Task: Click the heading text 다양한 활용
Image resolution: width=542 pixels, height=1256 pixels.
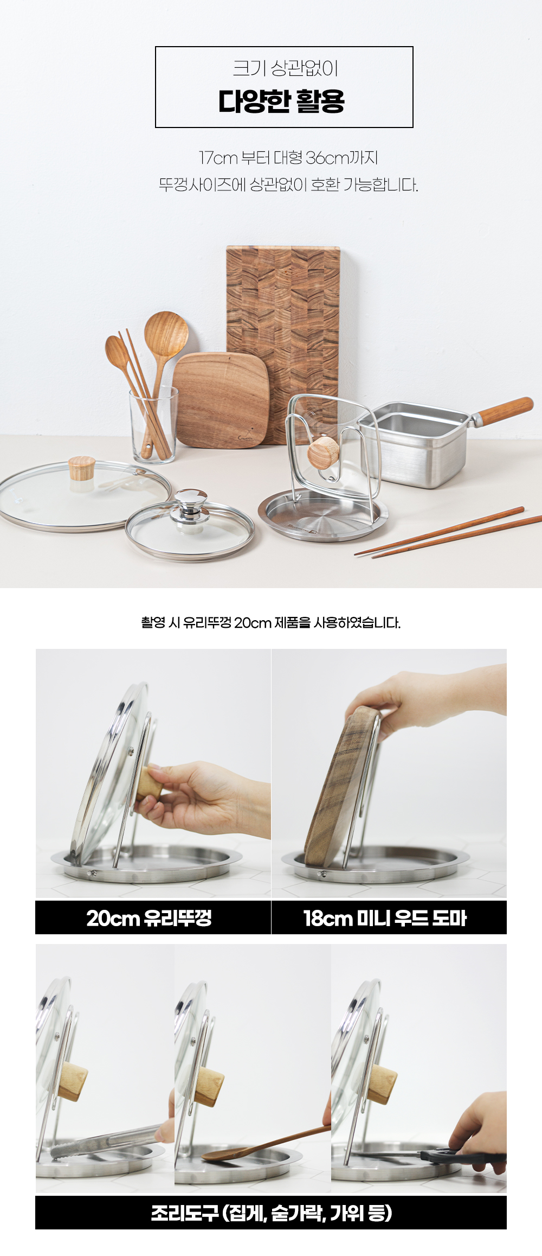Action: (282, 101)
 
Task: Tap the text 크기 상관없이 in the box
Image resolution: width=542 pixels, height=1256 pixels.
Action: (286, 68)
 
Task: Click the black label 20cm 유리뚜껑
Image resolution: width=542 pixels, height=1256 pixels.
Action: (149, 918)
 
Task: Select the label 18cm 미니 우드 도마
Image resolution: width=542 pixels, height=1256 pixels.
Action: (385, 918)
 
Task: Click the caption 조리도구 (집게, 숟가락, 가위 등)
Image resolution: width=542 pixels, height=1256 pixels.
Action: (271, 1213)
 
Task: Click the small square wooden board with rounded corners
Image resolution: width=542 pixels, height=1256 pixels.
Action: (222, 400)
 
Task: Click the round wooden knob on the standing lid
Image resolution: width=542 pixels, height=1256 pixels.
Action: (324, 452)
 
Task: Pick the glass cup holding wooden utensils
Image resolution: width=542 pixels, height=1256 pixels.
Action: (154, 425)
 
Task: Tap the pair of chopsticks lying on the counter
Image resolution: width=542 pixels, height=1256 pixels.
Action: (448, 532)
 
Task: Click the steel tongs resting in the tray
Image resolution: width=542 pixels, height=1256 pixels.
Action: (106, 1143)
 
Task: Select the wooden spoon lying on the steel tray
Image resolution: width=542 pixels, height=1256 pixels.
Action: (266, 1143)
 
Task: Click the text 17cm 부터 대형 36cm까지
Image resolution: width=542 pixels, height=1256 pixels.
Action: (288, 158)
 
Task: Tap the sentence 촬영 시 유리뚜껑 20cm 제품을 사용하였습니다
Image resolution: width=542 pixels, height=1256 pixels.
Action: (271, 622)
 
